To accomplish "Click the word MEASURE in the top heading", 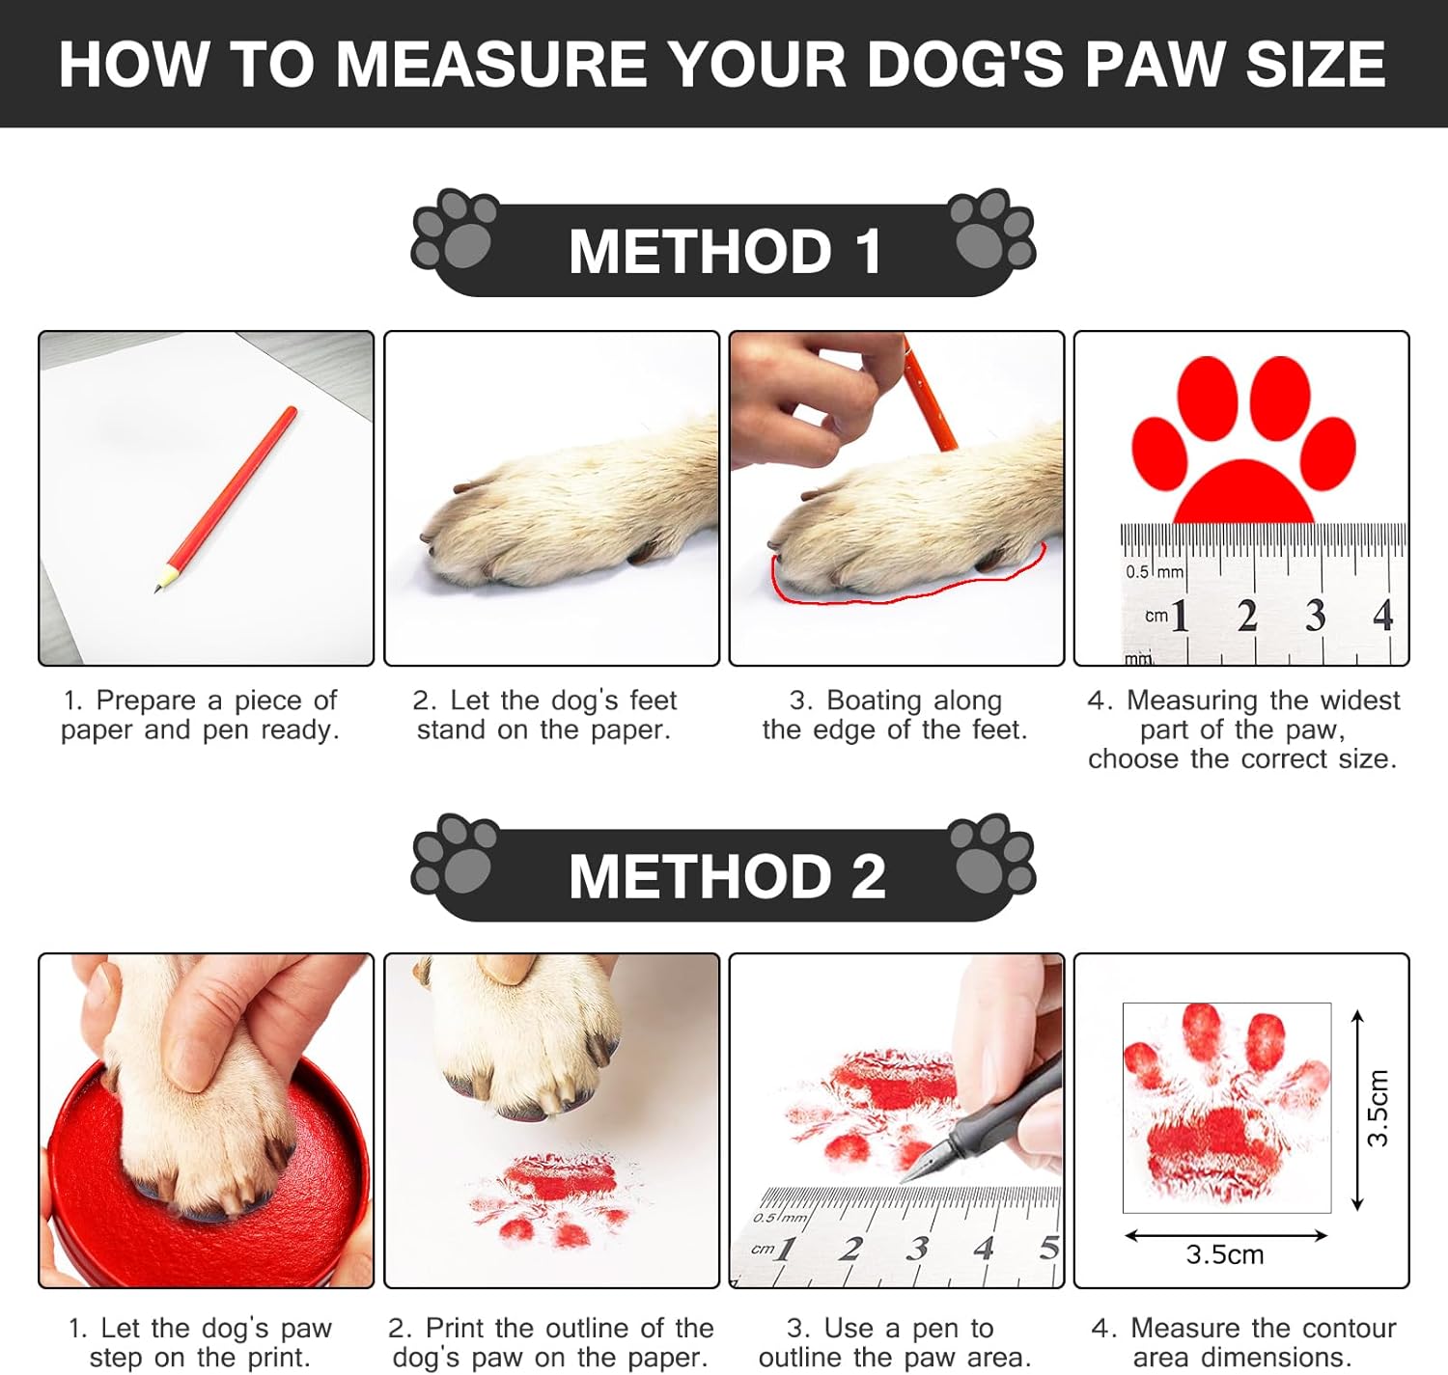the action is tap(491, 65).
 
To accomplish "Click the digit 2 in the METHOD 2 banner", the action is tap(869, 876).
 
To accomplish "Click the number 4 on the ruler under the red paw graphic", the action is tap(1382, 616).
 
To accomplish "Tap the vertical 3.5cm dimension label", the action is tap(1377, 1109).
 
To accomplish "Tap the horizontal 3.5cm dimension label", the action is tap(1224, 1254).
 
